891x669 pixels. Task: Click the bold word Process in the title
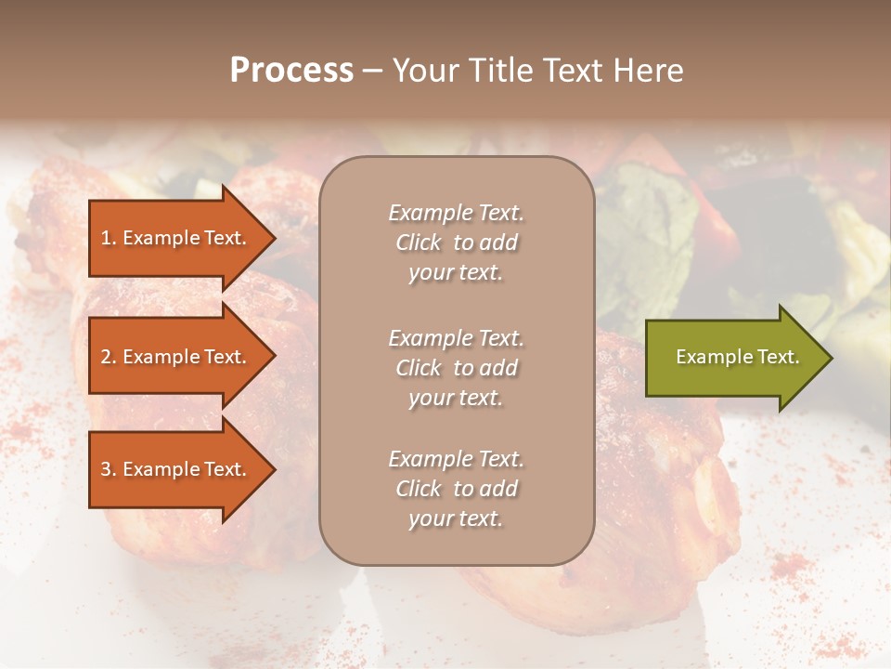[291, 71]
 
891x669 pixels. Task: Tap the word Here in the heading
[647, 71]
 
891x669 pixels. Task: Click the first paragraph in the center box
[456, 243]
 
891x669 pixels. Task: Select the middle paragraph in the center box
[456, 368]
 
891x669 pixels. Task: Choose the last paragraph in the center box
[456, 489]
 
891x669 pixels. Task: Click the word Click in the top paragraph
[419, 243]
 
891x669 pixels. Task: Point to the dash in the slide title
[372, 72]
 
